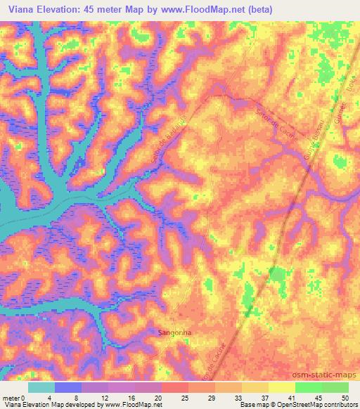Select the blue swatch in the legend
coord(67,387)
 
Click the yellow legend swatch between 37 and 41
coord(281,387)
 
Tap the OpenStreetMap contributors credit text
coord(312,405)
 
